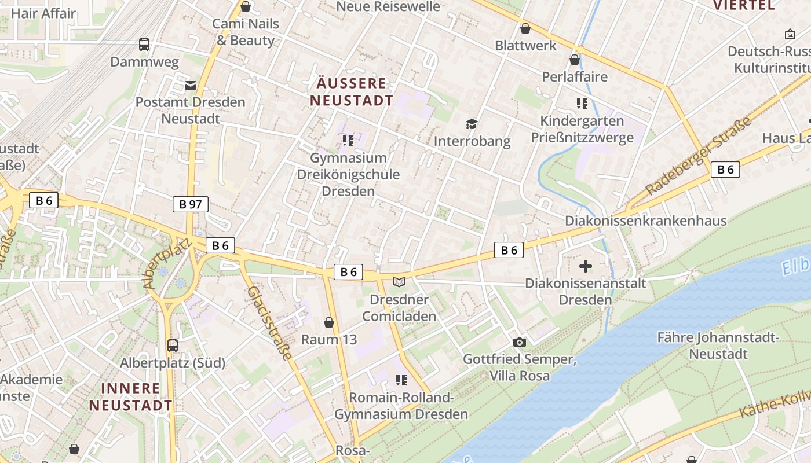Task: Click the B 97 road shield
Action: [x=190, y=204]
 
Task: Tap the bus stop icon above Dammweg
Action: [x=144, y=44]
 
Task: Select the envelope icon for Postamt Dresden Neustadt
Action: [x=191, y=86]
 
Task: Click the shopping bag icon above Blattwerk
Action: [x=525, y=28]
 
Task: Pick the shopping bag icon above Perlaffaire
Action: [x=575, y=60]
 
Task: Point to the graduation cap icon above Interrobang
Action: [x=472, y=124]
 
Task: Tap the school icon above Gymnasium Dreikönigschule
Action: [x=348, y=141]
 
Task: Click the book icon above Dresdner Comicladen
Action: [x=399, y=282]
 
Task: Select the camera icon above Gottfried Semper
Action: [x=520, y=342]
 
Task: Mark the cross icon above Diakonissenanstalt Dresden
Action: [x=586, y=266]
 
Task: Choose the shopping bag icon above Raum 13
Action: [x=329, y=322]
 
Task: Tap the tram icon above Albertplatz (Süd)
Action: [x=173, y=346]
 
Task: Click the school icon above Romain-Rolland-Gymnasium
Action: [x=401, y=380]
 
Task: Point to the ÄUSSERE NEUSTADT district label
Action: [x=352, y=91]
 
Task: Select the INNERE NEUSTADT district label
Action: [x=131, y=396]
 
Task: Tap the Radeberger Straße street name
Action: [x=699, y=156]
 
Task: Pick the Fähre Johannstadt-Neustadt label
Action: [x=718, y=346]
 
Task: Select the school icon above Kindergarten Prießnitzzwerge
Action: [x=582, y=104]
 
